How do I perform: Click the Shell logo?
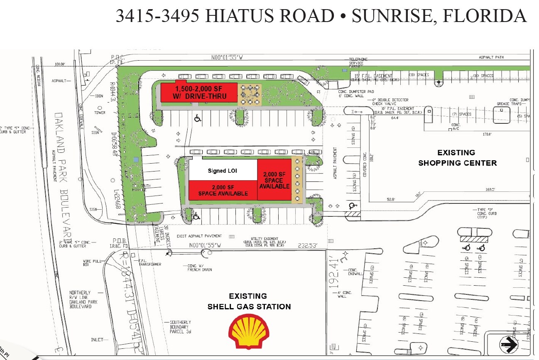coord(249,331)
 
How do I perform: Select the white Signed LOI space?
coord(223,171)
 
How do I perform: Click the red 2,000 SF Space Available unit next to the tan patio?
coord(274,180)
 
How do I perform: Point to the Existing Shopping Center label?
coord(457,158)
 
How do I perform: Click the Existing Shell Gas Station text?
coord(249,301)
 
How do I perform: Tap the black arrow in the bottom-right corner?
coord(508,344)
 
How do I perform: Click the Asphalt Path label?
coord(491,57)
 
